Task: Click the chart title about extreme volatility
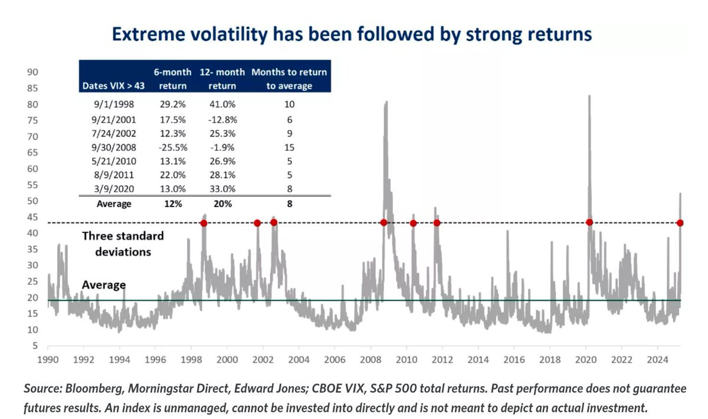[x=352, y=35]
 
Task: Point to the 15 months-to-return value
[x=289, y=147]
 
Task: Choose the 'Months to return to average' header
[x=289, y=78]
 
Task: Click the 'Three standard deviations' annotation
[x=123, y=243]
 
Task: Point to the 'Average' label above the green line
[x=104, y=285]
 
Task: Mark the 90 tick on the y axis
[x=33, y=73]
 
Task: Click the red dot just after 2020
[x=589, y=222]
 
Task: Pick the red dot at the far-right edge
[x=680, y=222]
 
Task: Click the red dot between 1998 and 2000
[x=204, y=222]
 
